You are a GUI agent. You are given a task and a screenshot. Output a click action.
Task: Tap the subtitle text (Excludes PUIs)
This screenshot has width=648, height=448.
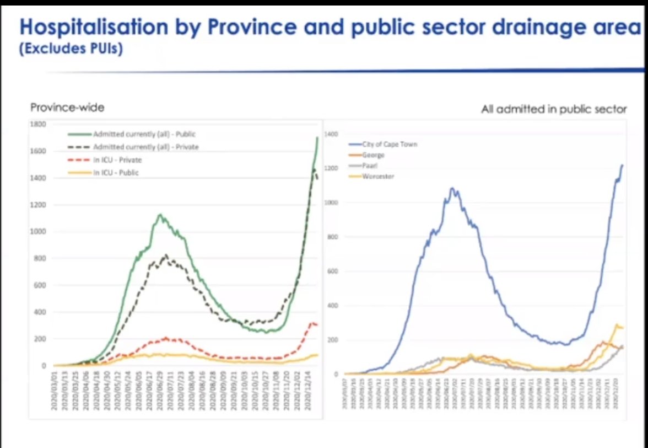70,50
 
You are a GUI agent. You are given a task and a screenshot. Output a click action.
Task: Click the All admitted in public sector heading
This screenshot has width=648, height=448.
554,109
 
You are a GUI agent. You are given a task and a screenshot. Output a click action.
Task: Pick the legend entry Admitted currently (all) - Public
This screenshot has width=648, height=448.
144,134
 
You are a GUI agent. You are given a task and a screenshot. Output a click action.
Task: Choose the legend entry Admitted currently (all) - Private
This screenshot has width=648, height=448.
145,147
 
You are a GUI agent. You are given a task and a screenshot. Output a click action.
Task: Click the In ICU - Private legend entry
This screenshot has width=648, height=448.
116,160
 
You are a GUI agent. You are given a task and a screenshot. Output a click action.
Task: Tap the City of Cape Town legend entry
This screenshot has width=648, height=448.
390,145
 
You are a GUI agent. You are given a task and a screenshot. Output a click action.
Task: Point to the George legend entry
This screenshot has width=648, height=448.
373,156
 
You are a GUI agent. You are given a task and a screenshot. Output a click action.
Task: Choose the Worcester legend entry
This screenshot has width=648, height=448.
378,176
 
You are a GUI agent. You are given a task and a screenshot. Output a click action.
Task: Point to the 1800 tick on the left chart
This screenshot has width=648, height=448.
39,124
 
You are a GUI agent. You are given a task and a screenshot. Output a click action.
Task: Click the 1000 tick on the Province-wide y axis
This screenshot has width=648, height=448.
39,232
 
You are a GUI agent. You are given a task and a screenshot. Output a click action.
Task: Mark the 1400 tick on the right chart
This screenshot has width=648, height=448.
331,134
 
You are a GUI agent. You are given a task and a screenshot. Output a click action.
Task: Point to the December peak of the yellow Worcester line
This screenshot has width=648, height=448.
617,324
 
